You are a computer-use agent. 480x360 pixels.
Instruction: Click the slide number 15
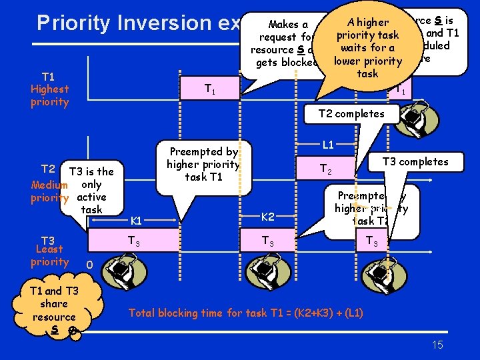click(x=437, y=345)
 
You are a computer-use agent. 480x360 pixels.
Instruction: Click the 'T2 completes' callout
click(x=351, y=113)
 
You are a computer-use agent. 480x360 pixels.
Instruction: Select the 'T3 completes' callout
click(x=415, y=161)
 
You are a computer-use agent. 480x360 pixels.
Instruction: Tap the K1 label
click(x=135, y=220)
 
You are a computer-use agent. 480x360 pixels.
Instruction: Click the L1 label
click(x=328, y=144)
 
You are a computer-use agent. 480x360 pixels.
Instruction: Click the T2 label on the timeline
click(x=326, y=169)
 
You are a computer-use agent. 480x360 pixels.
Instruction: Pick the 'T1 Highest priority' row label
click(x=49, y=89)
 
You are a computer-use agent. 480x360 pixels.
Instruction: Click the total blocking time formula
click(x=245, y=313)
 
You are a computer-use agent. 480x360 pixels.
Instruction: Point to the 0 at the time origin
click(x=89, y=265)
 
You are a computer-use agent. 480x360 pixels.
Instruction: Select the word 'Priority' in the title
click(x=73, y=23)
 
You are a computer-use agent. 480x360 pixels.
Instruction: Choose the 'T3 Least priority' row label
click(x=49, y=251)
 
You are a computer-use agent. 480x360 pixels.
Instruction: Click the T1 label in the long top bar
click(x=209, y=88)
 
